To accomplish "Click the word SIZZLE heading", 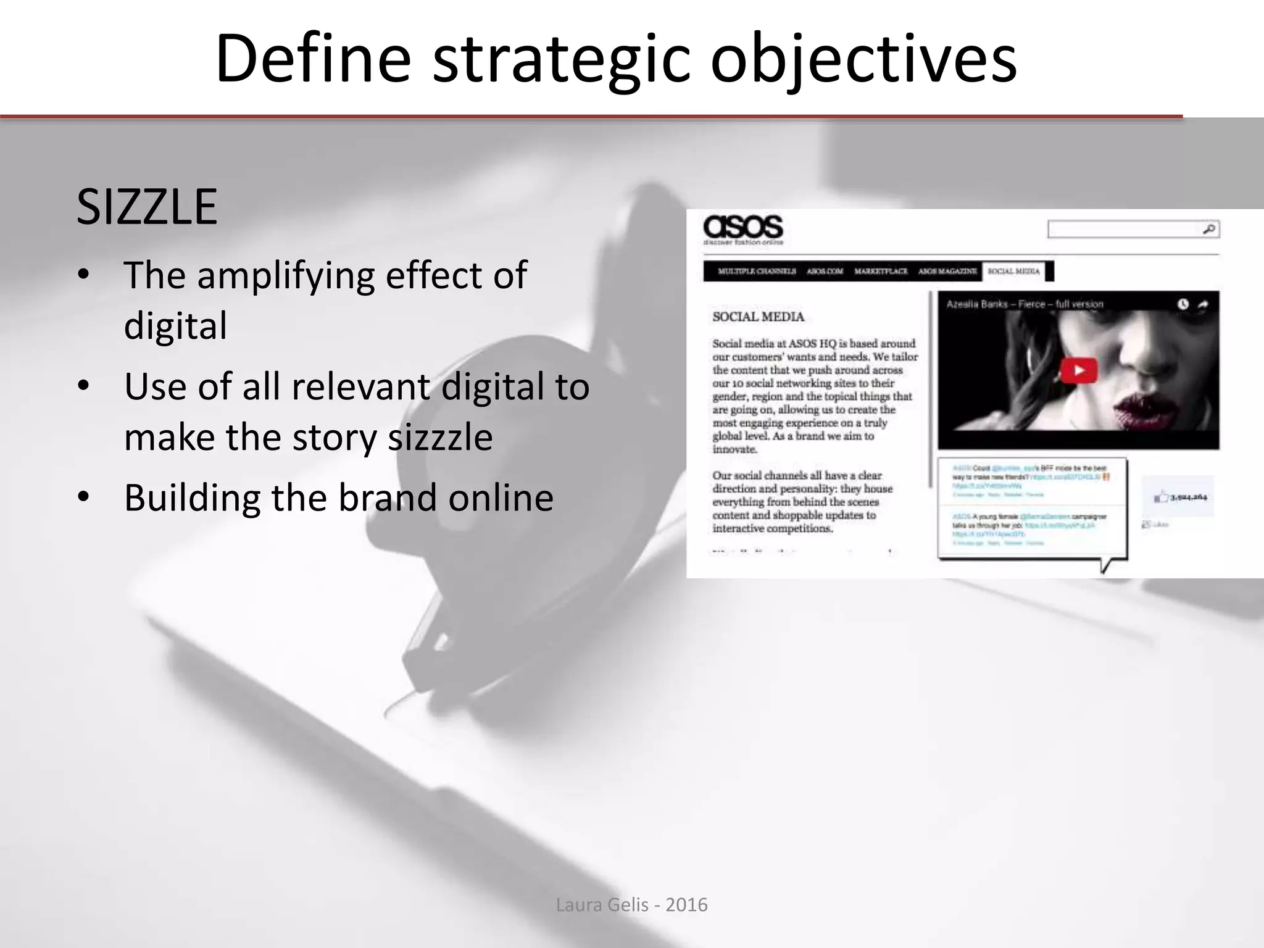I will pyautogui.click(x=147, y=207).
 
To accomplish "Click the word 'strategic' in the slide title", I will pyautogui.click(x=560, y=60).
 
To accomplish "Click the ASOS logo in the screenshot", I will pyautogui.click(x=743, y=228).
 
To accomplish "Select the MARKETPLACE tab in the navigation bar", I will pyautogui.click(x=881, y=272).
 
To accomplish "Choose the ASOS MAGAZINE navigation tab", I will pyautogui.click(x=947, y=272).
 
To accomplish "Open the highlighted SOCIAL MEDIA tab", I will pyautogui.click(x=1013, y=272).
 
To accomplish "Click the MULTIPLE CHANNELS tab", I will pyautogui.click(x=757, y=272).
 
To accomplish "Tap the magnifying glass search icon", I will pyautogui.click(x=1208, y=230).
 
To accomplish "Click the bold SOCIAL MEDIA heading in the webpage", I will pyautogui.click(x=759, y=317).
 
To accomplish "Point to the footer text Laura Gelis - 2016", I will pyautogui.click(x=631, y=905).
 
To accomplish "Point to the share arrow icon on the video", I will pyautogui.click(x=1203, y=304).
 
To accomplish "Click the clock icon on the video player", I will pyautogui.click(x=1183, y=304).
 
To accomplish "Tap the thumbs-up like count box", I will pyautogui.click(x=1177, y=497).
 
